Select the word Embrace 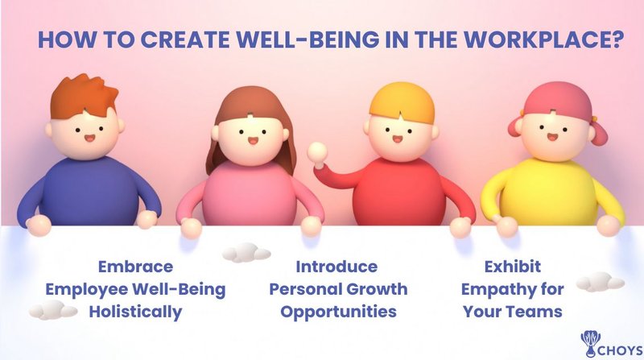pos(135,267)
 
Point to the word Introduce pos(336,267)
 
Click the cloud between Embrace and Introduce pos(246,254)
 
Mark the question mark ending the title pos(617,41)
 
